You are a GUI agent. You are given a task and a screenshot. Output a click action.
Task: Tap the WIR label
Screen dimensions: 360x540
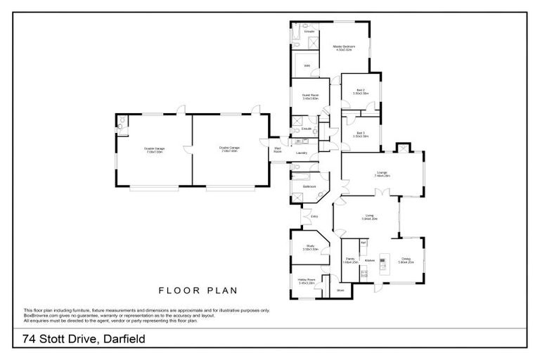307,66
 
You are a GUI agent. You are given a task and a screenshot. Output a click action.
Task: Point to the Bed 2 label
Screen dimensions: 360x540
360,91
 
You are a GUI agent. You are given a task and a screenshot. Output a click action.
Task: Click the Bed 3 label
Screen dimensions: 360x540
360,134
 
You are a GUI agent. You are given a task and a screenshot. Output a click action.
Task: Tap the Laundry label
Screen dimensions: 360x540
302,153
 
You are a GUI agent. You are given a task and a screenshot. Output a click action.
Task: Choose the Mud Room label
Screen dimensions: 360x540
278,150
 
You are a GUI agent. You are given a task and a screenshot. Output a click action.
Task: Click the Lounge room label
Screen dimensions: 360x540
382,173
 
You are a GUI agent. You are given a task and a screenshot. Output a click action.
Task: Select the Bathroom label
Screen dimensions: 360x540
309,186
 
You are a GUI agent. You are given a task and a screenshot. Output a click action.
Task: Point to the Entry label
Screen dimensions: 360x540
314,216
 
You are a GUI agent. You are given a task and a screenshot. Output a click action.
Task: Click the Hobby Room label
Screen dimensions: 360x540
306,281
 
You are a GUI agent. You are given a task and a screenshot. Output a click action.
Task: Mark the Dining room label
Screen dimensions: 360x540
406,260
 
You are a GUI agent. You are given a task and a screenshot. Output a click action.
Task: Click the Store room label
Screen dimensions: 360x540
340,289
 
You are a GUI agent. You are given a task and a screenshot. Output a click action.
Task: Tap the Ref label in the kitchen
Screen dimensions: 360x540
364,243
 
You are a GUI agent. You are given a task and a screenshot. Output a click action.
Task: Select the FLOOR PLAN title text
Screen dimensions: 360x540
198,290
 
